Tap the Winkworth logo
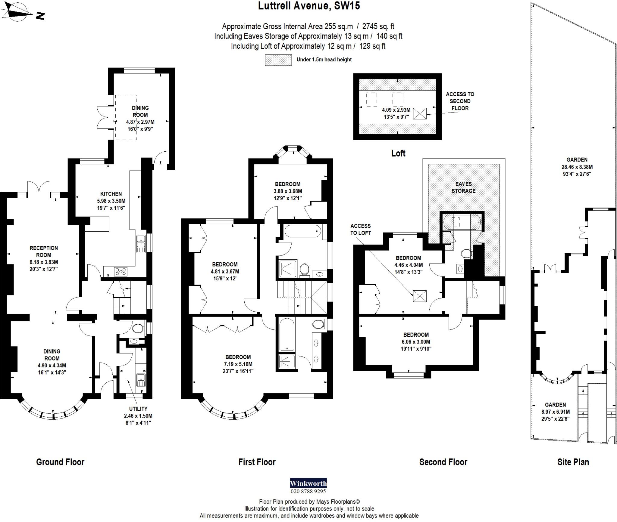click(x=308, y=483)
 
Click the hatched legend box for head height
click(x=278, y=60)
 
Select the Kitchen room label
click(x=111, y=194)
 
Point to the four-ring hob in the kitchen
click(x=121, y=272)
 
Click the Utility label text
click(x=138, y=409)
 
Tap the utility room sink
click(x=140, y=380)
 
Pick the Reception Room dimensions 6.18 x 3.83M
click(x=44, y=262)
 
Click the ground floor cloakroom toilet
click(x=138, y=329)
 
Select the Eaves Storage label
click(x=463, y=187)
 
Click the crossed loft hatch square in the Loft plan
click(x=420, y=113)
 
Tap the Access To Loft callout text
click(x=360, y=229)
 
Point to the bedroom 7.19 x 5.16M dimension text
click(x=238, y=364)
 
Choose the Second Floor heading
click(x=443, y=462)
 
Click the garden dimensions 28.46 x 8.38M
click(x=577, y=167)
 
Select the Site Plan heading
click(x=573, y=462)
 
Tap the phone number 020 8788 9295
click(x=308, y=491)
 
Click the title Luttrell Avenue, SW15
click(x=309, y=6)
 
